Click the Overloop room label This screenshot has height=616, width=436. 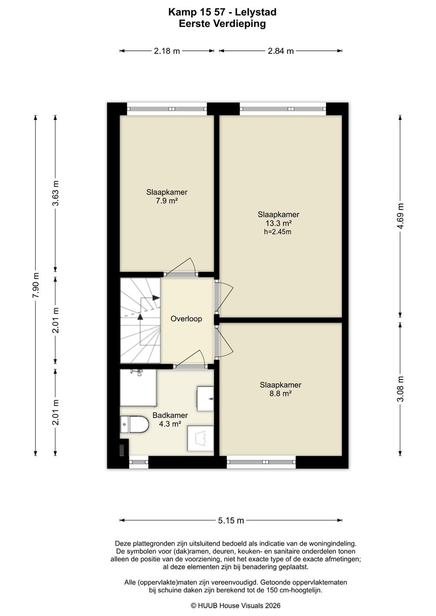click(x=186, y=319)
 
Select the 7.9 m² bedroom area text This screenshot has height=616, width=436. click(x=167, y=201)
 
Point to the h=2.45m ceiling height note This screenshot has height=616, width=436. click(x=278, y=232)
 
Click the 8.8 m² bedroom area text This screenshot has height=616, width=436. click(x=281, y=394)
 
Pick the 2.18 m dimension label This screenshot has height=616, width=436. click(x=167, y=51)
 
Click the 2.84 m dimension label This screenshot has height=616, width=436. click(x=281, y=51)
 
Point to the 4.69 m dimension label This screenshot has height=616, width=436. click(x=400, y=216)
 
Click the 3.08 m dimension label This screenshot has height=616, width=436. click(x=400, y=389)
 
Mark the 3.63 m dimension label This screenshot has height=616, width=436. click(x=56, y=193)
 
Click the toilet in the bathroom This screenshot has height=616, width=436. click(x=134, y=424)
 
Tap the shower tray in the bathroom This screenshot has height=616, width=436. click(x=138, y=388)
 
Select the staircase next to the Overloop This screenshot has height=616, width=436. click(x=140, y=320)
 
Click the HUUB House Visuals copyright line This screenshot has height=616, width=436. click(x=236, y=606)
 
